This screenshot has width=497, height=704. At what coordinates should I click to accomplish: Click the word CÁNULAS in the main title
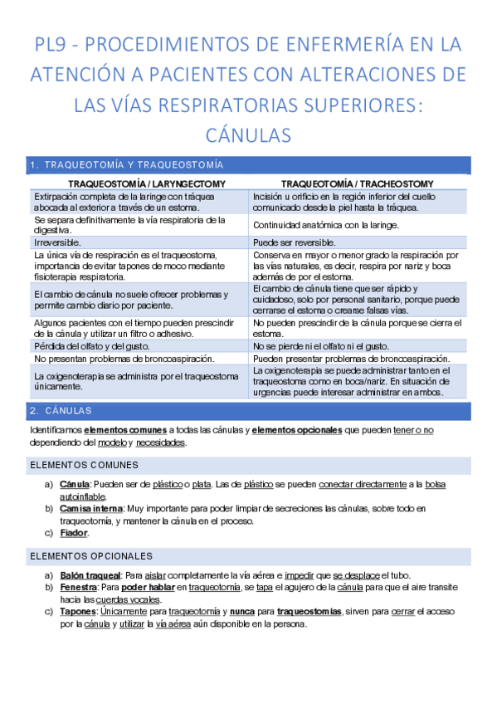click(248, 133)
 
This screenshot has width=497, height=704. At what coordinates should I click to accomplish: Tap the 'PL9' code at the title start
click(55, 43)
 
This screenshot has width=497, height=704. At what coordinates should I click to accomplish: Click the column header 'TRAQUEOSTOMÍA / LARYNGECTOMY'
click(138, 183)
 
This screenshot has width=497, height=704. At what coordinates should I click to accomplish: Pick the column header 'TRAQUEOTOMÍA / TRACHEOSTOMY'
click(357, 183)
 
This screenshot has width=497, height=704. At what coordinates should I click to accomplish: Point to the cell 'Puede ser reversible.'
click(295, 241)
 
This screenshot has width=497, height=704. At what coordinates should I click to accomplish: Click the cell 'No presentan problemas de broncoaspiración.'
click(124, 358)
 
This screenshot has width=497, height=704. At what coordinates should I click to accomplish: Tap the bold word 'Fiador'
click(74, 533)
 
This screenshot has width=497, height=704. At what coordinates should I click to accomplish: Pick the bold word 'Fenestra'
click(77, 588)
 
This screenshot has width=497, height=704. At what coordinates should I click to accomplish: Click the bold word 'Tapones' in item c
click(78, 612)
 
